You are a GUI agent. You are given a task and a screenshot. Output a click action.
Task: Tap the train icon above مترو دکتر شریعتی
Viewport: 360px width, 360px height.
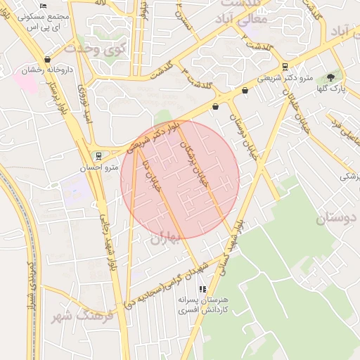[284, 67]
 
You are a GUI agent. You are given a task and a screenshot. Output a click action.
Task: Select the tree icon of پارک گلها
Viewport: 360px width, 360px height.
[331, 77]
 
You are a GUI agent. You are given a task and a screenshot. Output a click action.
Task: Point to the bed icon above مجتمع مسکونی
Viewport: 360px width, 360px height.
[44, 6]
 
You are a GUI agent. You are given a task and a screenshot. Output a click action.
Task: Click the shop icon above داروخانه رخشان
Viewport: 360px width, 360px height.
[47, 60]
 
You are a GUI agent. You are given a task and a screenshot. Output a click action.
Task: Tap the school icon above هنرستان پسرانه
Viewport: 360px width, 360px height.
[202, 288]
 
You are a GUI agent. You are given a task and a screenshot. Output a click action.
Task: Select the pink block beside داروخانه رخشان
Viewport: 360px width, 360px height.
[27, 81]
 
